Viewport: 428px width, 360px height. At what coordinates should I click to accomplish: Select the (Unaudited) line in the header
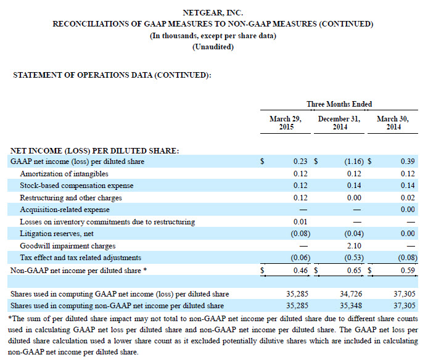[x=213, y=47]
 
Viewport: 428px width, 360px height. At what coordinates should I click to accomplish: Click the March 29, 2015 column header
[x=286, y=123]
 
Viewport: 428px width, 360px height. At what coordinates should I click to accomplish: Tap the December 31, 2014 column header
[x=338, y=123]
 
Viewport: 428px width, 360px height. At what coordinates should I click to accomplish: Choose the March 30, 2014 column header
[x=390, y=123]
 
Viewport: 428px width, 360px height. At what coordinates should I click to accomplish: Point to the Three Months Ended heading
[x=339, y=104]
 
